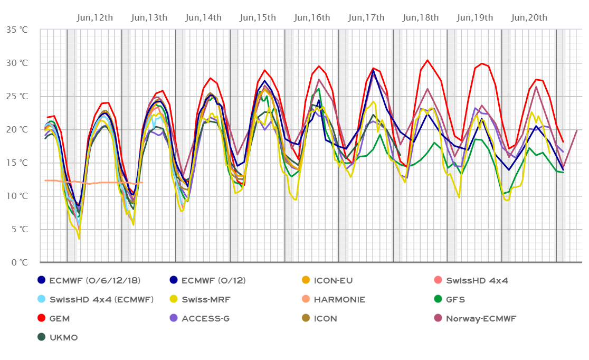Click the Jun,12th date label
(95, 18)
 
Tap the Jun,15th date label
(258, 18)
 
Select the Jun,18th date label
(421, 18)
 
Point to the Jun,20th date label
(529, 18)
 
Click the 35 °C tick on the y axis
(17, 30)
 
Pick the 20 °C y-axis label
(17, 129)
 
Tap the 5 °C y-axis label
(20, 229)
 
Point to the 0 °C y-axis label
(20, 262)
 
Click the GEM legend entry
(59, 319)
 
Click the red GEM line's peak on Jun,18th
(427, 60)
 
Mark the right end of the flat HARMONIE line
(142, 183)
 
